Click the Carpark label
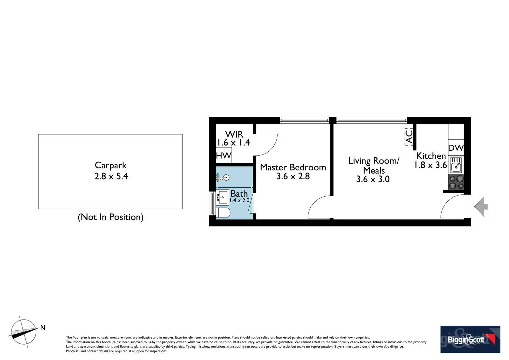tap(111, 165)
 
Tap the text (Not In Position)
tap(111, 217)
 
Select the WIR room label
tap(234, 134)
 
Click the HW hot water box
tap(224, 155)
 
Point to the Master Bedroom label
tap(293, 167)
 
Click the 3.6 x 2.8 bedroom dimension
tap(293, 176)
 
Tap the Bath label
tap(239, 194)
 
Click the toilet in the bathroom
tap(223, 213)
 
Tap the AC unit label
tap(409, 137)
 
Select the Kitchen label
tap(431, 156)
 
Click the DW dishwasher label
tap(456, 148)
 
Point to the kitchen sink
tap(456, 165)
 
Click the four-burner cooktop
tap(456, 182)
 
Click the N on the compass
tap(43, 328)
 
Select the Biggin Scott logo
tap(470, 339)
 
